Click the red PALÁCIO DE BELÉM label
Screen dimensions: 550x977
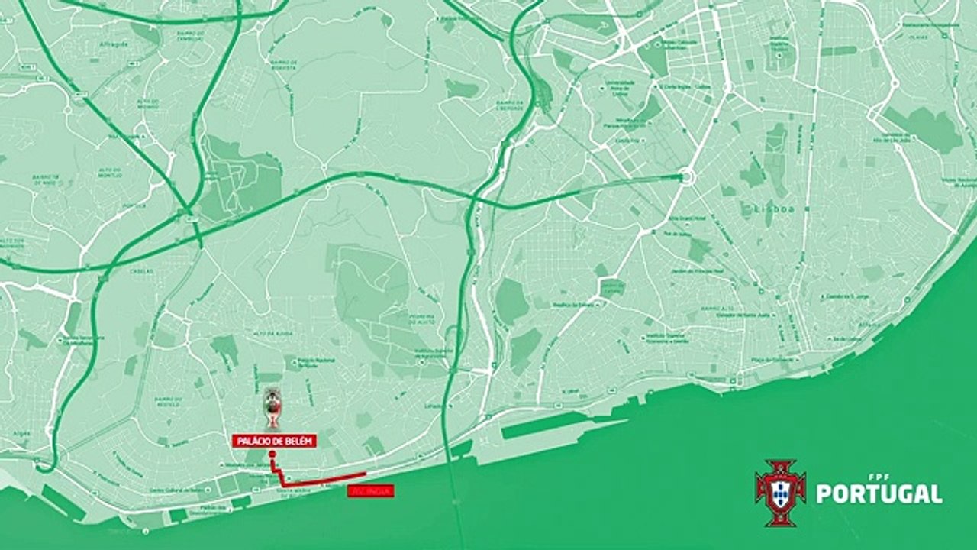pos(274,442)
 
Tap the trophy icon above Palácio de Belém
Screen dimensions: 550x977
pos(272,408)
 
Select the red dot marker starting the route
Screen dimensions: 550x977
pos(272,454)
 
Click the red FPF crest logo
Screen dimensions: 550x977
pos(780,493)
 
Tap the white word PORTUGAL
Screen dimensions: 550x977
pos(879,493)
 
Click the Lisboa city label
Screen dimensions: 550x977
pos(759,209)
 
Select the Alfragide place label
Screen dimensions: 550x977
pos(111,45)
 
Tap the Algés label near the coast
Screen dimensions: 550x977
pos(21,433)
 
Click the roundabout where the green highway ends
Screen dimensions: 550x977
pos(686,177)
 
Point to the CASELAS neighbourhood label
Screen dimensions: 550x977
pos(142,271)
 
